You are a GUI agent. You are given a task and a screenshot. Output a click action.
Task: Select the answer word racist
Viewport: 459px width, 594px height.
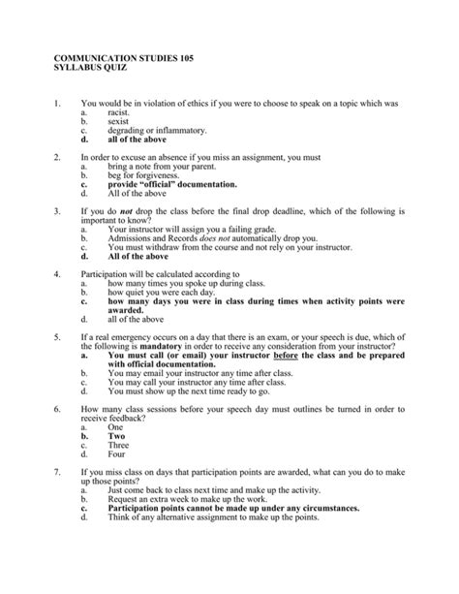pyautogui.click(x=120, y=113)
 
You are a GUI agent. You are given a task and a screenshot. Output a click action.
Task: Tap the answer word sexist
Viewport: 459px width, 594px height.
pyautogui.click(x=119, y=122)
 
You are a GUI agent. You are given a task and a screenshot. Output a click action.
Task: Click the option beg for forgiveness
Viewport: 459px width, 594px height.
pyautogui.click(x=145, y=175)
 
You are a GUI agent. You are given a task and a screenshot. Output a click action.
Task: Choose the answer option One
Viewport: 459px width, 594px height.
pyautogui.click(x=116, y=425)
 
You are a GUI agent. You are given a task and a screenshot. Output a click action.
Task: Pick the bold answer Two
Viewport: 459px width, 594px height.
pyautogui.click(x=116, y=435)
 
